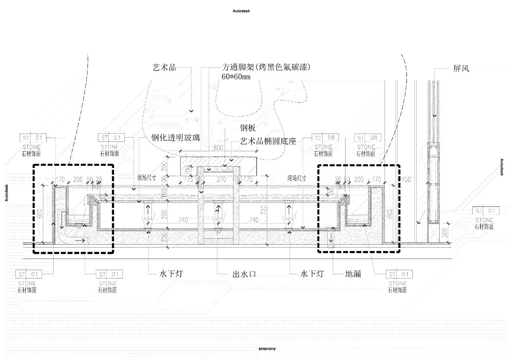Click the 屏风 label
[461, 68]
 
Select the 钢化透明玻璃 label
[175, 138]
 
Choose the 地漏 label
[353, 274]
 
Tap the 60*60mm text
[236, 76]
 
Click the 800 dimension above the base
[218, 148]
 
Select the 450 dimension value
[406, 179]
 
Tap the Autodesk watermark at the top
[241, 11]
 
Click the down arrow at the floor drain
[330, 239]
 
